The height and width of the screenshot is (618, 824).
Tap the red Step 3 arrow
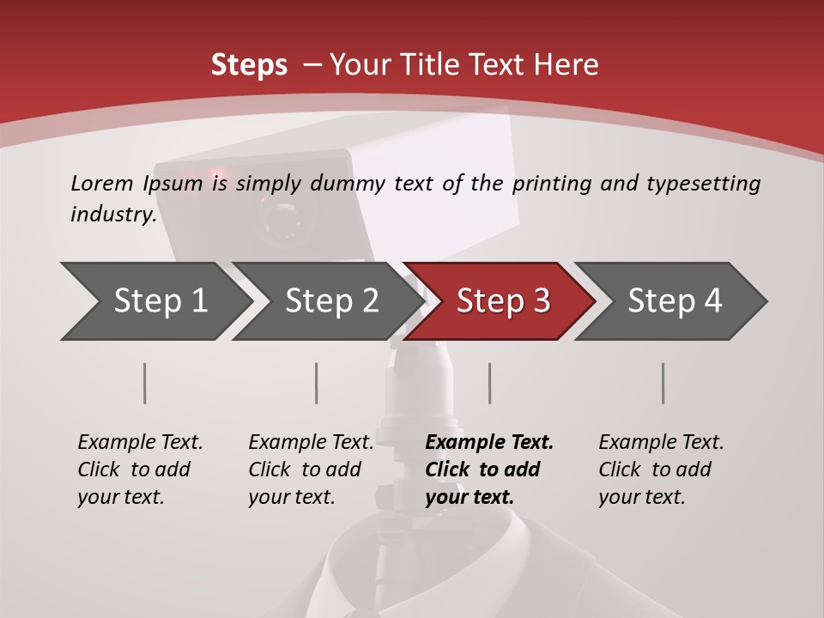coord(502,301)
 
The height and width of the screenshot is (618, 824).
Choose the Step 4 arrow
coord(674,301)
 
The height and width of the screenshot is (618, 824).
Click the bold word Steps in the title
coord(249,64)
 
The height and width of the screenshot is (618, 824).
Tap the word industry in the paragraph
coord(112,214)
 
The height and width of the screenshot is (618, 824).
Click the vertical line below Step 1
coord(145,383)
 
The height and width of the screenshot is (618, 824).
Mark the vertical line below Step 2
coord(317,383)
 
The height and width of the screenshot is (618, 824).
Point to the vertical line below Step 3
coord(490,383)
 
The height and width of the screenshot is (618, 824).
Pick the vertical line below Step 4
coord(663,383)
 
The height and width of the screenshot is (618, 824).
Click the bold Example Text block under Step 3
coord(489,470)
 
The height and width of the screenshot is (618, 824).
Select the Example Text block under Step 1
coord(140,470)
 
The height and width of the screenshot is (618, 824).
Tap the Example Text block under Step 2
coord(311,470)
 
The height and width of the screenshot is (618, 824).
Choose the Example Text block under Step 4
coord(661,470)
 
